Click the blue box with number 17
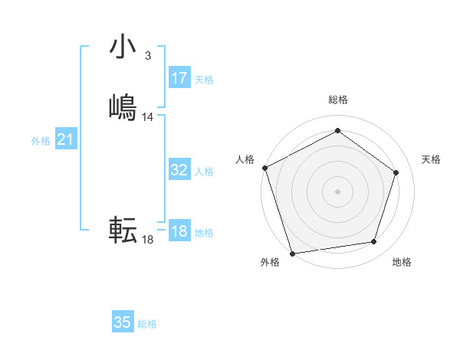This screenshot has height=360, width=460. coord(179,78)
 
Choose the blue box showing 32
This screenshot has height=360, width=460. coord(179,170)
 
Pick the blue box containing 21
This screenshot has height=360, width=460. coord(66,139)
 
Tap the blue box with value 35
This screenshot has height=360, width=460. coord(123,322)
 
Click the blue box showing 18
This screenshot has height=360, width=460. coord(179,231)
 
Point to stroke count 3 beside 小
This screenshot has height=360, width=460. coord(147,56)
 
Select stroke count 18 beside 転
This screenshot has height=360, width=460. coord(148,240)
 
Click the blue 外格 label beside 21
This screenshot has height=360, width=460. coord(41,141)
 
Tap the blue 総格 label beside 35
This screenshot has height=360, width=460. coord(147,324)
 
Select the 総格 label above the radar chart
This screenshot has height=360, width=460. coord(337,100)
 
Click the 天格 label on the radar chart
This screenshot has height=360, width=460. coord(431,159)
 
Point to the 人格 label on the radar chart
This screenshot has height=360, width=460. coord(245,159)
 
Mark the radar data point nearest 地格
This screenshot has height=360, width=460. coord(374,242)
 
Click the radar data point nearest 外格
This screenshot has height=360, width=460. coord(292,253)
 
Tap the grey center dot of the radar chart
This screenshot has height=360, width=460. coord(337,191)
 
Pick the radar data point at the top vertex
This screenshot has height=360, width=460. coord(337,131)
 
